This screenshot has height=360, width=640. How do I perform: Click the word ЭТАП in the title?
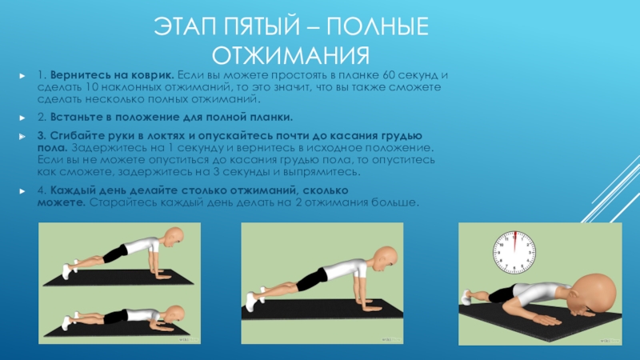click(186, 26)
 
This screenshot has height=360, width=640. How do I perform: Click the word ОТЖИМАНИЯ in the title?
click(290, 55)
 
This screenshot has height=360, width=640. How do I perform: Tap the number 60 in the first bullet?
click(389, 75)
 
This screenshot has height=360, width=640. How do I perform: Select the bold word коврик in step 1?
click(152, 75)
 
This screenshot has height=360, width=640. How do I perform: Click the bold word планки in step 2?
click(270, 118)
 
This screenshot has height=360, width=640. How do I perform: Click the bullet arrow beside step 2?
click(22, 118)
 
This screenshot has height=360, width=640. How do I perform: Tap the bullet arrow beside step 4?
click(22, 191)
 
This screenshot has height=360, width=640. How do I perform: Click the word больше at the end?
click(394, 202)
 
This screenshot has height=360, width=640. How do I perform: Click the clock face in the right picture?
click(514, 252)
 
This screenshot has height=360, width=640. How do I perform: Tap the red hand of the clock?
click(514, 242)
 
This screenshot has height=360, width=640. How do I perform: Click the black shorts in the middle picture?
click(312, 278)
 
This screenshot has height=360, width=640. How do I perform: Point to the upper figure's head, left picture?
click(173, 237)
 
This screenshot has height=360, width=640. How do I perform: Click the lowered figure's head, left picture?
click(175, 315)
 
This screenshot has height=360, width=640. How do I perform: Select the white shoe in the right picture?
click(466, 297)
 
